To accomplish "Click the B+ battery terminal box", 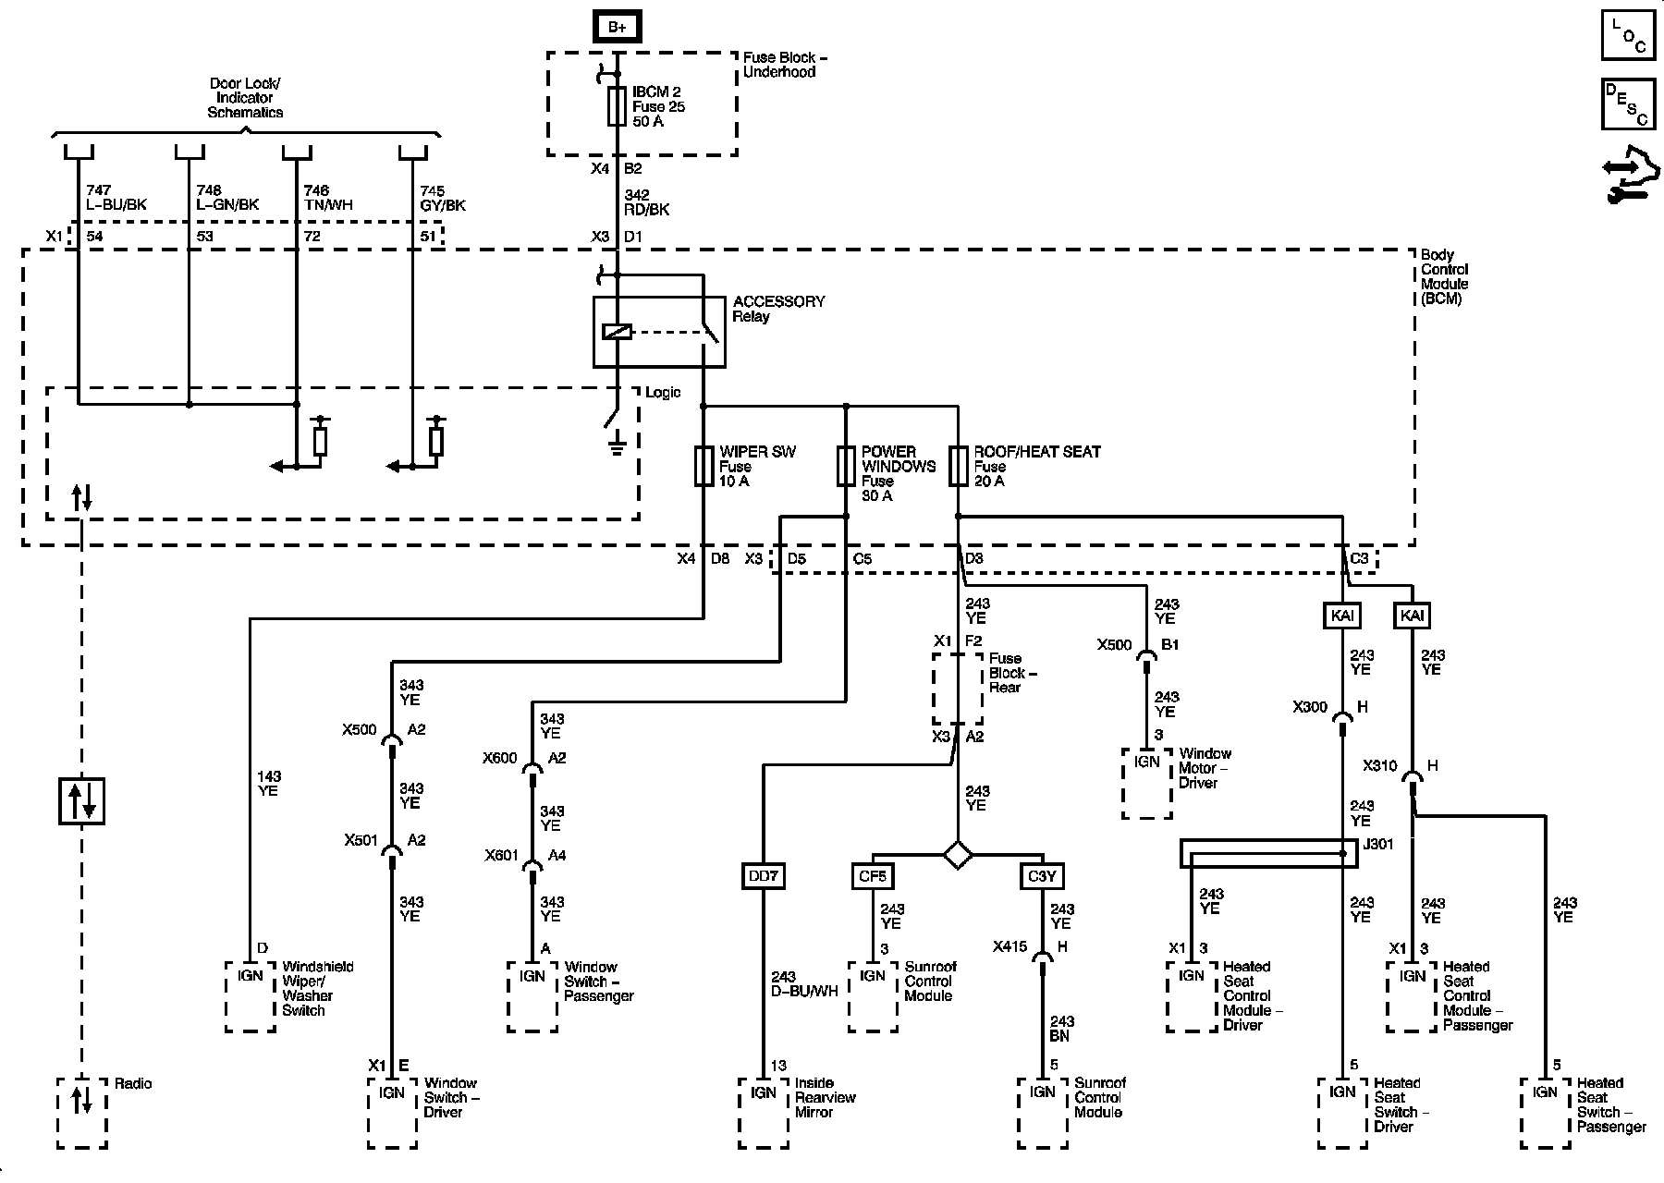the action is coord(617,27).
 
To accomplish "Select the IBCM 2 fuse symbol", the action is coord(617,106).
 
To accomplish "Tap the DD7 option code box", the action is coord(764,875).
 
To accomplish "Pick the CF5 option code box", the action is coord(873,875).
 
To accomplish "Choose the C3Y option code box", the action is coord(1042,875).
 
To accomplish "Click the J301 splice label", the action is coord(1379,844).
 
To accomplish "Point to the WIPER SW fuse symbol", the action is coord(703,467).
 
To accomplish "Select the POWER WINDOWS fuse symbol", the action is coord(846,467).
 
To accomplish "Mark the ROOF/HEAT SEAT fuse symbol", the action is coord(958,467).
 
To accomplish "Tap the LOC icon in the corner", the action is coord(1627,36).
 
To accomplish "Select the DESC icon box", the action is coord(1627,104).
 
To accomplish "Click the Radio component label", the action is coord(133,1083).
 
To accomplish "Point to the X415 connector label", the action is coord(1010,946).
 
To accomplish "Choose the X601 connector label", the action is coord(500,856).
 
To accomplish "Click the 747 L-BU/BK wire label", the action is coord(116,198).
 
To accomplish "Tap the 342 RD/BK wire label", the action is coord(647,202).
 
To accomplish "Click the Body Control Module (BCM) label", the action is coord(1444,277).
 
